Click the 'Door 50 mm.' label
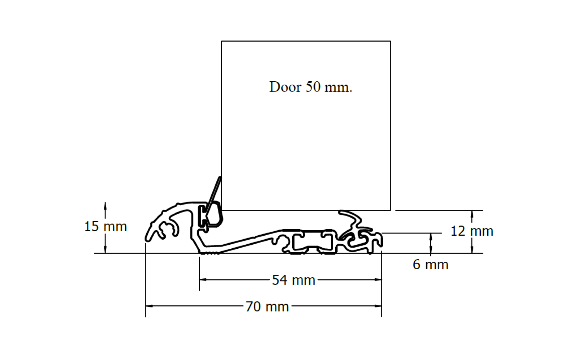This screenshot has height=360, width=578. click(311, 87)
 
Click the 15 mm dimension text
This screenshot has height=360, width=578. click(105, 227)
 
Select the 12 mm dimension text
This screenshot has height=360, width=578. click(472, 231)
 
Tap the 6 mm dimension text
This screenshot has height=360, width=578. click(430, 265)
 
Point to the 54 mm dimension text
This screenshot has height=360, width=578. click(293, 280)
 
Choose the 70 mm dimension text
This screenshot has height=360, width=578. click(267, 307)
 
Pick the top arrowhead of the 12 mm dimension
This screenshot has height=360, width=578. click(472, 214)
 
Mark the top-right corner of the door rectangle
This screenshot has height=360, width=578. click(391, 41)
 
